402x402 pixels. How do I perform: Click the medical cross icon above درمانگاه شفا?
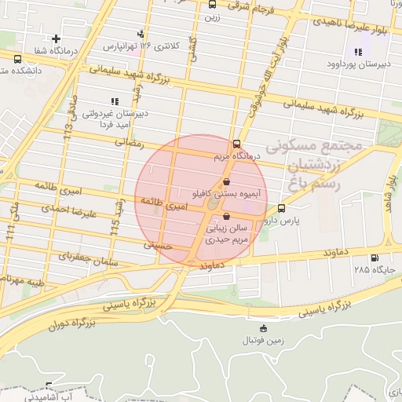56,38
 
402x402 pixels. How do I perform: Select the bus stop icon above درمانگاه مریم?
237,144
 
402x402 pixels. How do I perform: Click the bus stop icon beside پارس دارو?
282,209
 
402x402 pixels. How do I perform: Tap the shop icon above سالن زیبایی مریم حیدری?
227,217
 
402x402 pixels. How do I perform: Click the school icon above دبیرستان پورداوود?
358,52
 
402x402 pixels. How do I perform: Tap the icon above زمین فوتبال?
263,328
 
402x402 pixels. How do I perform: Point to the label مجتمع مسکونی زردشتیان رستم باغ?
314,165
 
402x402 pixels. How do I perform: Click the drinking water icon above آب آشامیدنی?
49,386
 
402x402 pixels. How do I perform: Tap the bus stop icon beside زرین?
213,4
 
